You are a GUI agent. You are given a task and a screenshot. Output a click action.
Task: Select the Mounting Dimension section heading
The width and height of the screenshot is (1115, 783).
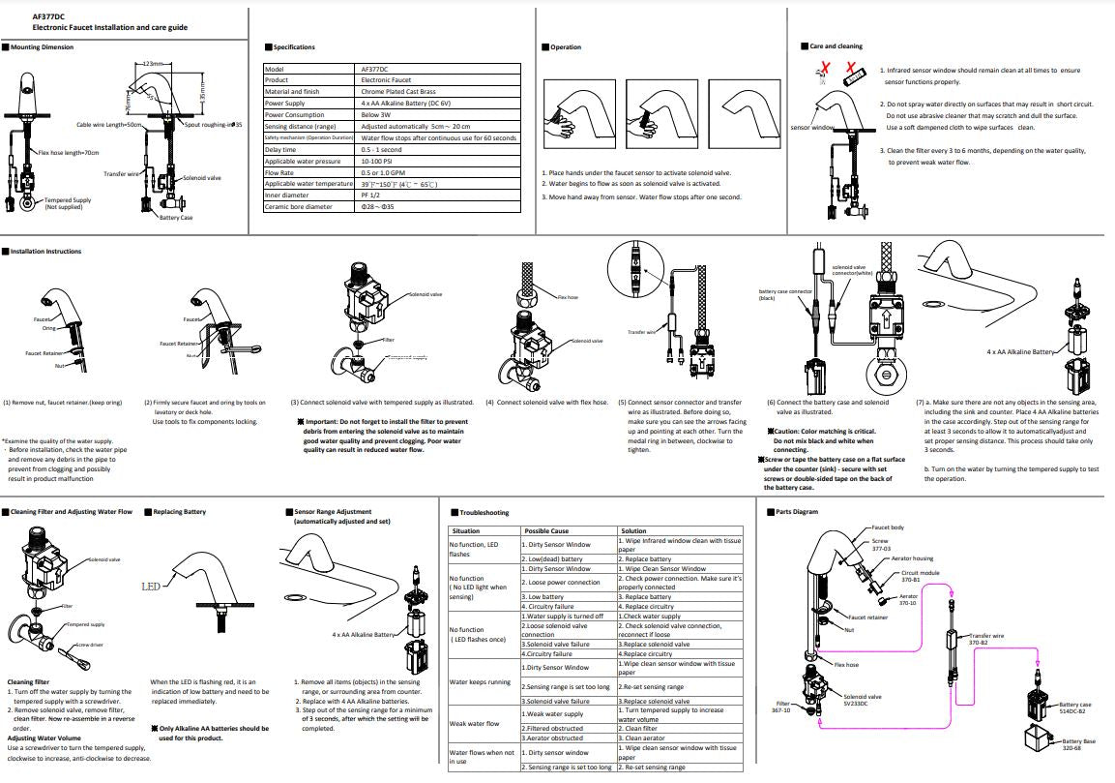[43, 46]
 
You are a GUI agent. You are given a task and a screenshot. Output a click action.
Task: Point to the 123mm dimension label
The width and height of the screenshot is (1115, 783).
[151, 63]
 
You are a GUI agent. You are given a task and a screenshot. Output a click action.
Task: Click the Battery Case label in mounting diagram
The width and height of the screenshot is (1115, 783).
[176, 218]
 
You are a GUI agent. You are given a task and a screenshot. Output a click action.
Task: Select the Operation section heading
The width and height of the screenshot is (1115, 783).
[567, 46]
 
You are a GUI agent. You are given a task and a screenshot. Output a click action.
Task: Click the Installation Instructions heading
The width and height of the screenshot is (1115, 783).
[46, 252]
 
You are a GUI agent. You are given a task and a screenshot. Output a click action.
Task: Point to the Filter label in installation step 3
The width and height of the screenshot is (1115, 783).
[389, 340]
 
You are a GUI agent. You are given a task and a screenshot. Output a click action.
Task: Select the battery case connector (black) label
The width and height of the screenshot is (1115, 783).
[785, 294]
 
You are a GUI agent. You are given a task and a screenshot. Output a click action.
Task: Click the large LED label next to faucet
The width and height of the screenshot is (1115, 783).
[150, 587]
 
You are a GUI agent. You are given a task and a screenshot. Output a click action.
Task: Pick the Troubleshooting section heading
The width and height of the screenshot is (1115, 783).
[484, 512]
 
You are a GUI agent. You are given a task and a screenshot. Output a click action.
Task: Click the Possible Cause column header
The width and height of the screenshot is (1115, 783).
[547, 531]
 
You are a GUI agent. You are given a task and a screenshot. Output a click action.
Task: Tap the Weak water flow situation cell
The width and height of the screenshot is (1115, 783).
[475, 723]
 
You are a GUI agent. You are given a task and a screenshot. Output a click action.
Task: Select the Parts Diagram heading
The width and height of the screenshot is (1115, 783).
[797, 511]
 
